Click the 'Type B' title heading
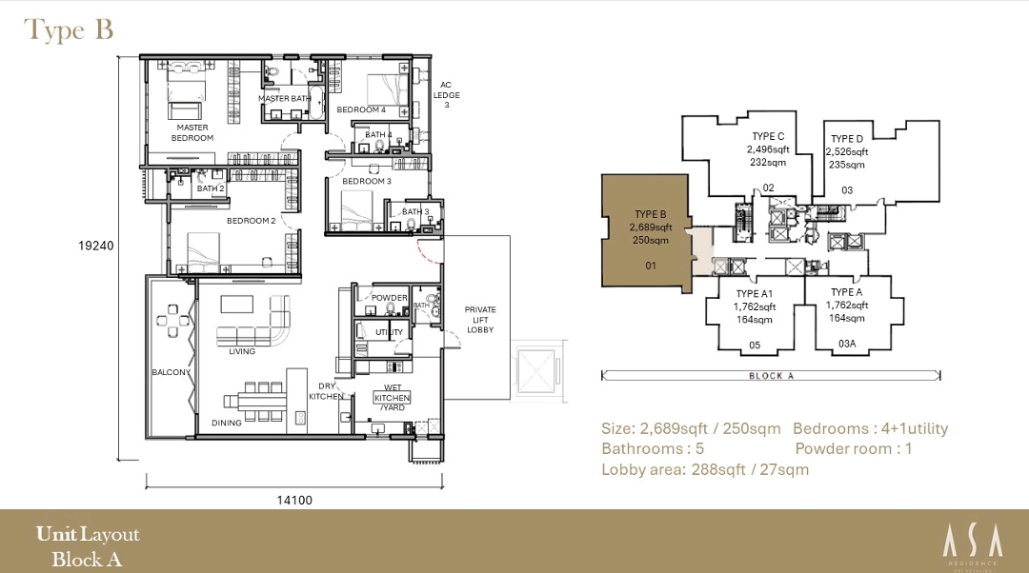point(69,30)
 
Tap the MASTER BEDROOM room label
point(192,132)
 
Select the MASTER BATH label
point(285,99)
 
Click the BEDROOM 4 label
point(361,110)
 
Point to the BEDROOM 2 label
point(251,221)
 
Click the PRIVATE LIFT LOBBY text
point(480,319)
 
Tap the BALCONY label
point(171,372)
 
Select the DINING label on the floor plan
point(227,423)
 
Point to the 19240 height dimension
point(96,246)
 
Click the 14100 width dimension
point(293,500)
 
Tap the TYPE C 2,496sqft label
point(768,149)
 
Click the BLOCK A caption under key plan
point(766,376)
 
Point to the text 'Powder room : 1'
point(853,448)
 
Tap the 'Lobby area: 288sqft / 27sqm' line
point(705,469)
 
